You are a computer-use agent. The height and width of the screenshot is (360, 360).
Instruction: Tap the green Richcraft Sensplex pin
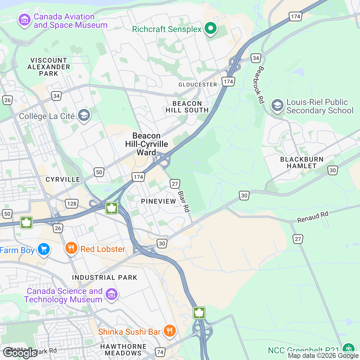[x=211, y=29]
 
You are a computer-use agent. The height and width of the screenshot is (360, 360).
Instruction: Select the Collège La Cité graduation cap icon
[x=84, y=115]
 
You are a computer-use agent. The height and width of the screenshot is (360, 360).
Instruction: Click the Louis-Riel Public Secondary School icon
[x=277, y=106]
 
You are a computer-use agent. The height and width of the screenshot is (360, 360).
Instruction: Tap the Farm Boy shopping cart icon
[x=44, y=249]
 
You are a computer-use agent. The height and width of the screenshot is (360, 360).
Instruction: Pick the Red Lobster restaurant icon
[x=71, y=248]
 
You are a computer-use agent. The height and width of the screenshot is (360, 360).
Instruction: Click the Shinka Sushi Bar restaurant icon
[x=169, y=331]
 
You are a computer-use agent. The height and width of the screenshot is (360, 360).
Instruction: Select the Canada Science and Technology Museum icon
[x=112, y=294]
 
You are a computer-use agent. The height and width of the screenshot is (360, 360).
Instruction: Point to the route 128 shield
[x=72, y=204]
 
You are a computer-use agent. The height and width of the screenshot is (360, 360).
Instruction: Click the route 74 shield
[x=160, y=352]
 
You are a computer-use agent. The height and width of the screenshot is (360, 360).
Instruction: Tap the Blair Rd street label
[x=184, y=201]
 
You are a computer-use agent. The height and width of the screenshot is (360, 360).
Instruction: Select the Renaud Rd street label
[x=313, y=217]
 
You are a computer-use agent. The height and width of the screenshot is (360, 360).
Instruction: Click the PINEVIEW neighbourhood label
[x=158, y=201]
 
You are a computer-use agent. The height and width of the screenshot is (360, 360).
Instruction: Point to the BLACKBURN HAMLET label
[x=302, y=163]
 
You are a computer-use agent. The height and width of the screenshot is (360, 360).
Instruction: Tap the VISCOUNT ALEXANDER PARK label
[x=49, y=67]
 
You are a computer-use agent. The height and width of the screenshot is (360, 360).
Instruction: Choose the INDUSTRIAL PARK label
[x=104, y=277]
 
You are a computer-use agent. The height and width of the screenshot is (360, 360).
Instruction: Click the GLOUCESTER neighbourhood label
[x=197, y=85]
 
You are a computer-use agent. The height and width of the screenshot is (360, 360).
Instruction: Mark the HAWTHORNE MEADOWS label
[x=123, y=350]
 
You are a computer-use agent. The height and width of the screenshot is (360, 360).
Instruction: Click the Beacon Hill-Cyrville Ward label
[x=146, y=144]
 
